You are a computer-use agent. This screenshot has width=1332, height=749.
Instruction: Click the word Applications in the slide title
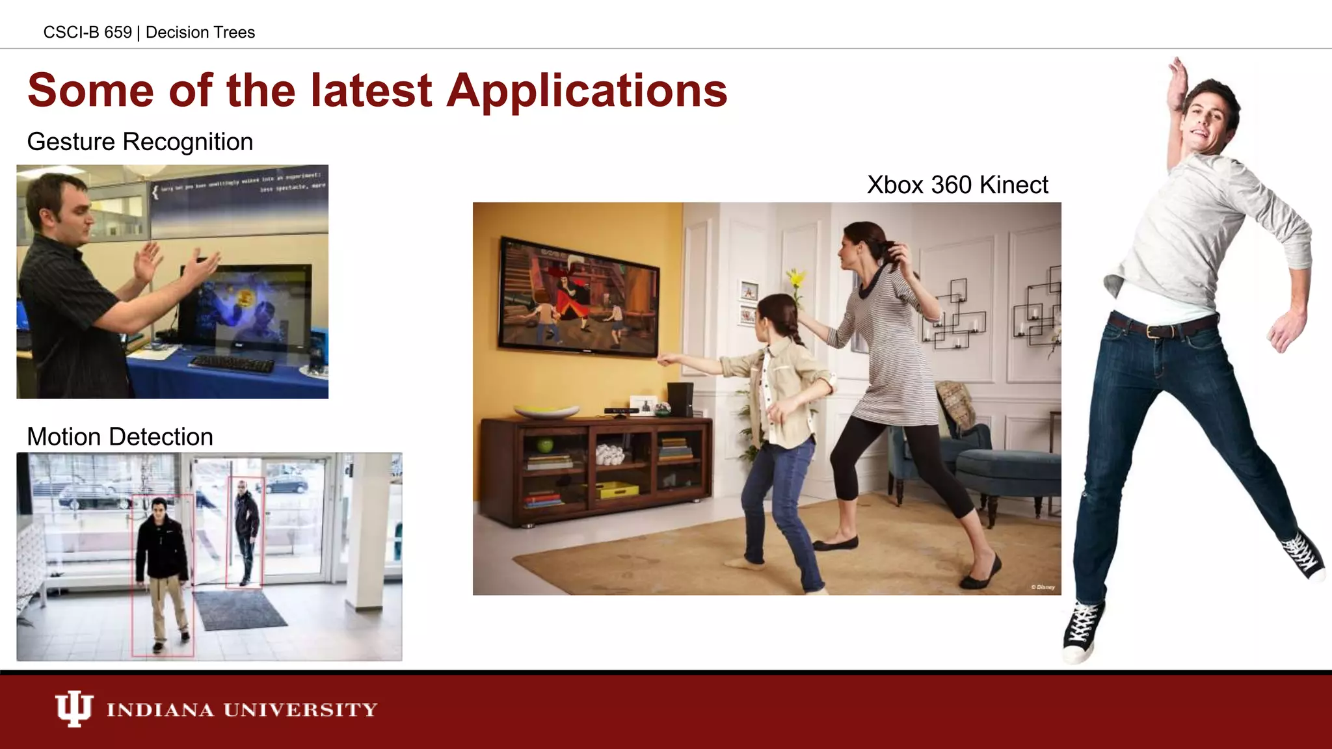click(x=587, y=91)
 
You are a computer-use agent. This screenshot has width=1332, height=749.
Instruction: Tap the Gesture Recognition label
click(x=140, y=142)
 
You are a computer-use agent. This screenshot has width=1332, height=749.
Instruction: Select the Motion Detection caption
click(x=120, y=437)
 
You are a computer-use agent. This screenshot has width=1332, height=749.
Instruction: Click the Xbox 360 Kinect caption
click(x=957, y=185)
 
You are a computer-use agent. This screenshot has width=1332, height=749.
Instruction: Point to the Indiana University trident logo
click(x=73, y=708)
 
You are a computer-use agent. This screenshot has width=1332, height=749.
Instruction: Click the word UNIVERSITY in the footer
click(x=300, y=709)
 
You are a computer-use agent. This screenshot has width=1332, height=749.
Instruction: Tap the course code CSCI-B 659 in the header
click(x=87, y=33)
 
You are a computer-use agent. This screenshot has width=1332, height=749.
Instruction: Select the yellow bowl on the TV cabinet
click(x=546, y=412)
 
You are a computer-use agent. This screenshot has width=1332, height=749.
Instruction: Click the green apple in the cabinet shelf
click(x=545, y=445)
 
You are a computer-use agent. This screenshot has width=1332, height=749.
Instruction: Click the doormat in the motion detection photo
click(x=239, y=609)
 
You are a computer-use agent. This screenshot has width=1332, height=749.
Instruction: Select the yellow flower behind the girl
click(x=795, y=280)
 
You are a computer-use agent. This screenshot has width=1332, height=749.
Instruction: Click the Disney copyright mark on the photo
click(x=1043, y=587)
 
